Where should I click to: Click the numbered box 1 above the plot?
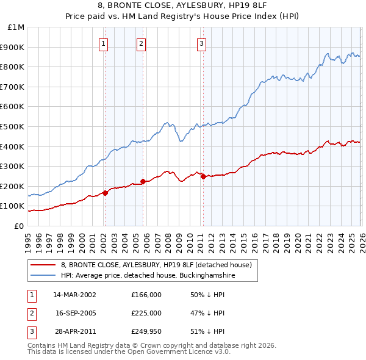pos(104,43)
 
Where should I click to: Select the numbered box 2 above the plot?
pos(141,43)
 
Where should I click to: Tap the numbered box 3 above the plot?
pos(201,43)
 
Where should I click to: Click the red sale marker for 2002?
pos(105,193)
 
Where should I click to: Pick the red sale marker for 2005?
pos(143,181)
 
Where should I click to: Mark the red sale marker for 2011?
pos(203,176)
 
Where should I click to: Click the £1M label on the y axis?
pos(16,27)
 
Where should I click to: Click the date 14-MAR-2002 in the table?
pos(74,295)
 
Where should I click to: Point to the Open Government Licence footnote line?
pos(129,352)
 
